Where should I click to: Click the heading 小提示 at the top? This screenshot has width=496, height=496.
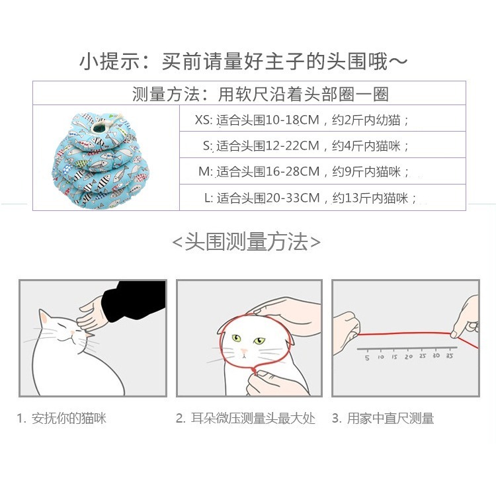tap(243, 62)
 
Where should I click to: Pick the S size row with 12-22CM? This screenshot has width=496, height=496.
tap(306, 145)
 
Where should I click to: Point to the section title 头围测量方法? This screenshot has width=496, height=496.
tap(246, 242)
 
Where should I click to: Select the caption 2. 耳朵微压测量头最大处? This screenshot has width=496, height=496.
tap(245, 419)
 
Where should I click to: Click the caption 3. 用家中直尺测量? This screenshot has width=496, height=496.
tap(383, 419)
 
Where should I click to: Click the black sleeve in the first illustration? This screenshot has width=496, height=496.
tap(139, 300)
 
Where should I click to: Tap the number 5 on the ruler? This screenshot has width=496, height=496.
tap(367, 356)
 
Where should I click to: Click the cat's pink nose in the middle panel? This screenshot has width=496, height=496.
tap(244, 351)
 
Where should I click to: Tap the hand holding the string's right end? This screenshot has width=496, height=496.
tap(466, 319)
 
